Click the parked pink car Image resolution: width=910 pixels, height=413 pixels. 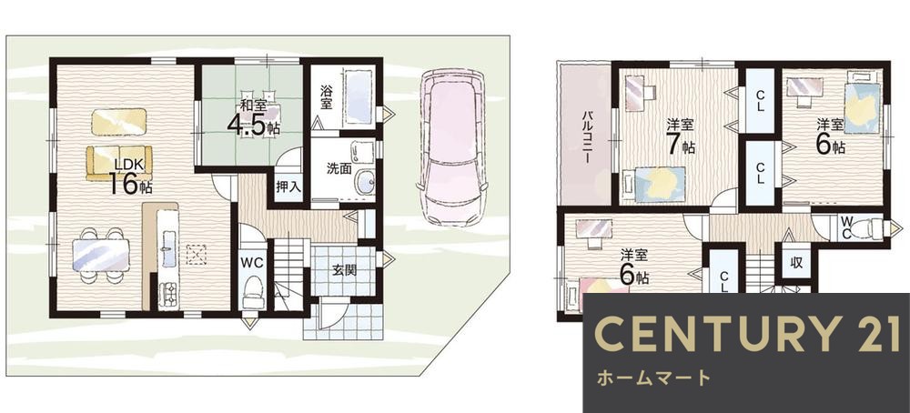451,146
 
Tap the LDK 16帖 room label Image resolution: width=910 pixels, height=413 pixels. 130,176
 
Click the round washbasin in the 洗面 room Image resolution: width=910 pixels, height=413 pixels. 365,183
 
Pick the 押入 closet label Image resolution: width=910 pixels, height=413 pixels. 288,186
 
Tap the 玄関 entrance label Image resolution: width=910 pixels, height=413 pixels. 344,270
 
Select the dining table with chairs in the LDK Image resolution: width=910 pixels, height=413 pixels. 100,256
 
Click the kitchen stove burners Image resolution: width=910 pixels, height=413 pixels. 169,294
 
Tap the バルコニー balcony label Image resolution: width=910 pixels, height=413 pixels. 587,136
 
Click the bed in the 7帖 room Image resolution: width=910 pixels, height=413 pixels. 660,184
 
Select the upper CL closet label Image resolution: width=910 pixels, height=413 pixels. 760,101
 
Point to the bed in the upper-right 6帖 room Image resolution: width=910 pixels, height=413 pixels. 863,104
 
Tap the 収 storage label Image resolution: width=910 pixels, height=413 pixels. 796,262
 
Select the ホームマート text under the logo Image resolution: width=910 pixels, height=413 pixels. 653,378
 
